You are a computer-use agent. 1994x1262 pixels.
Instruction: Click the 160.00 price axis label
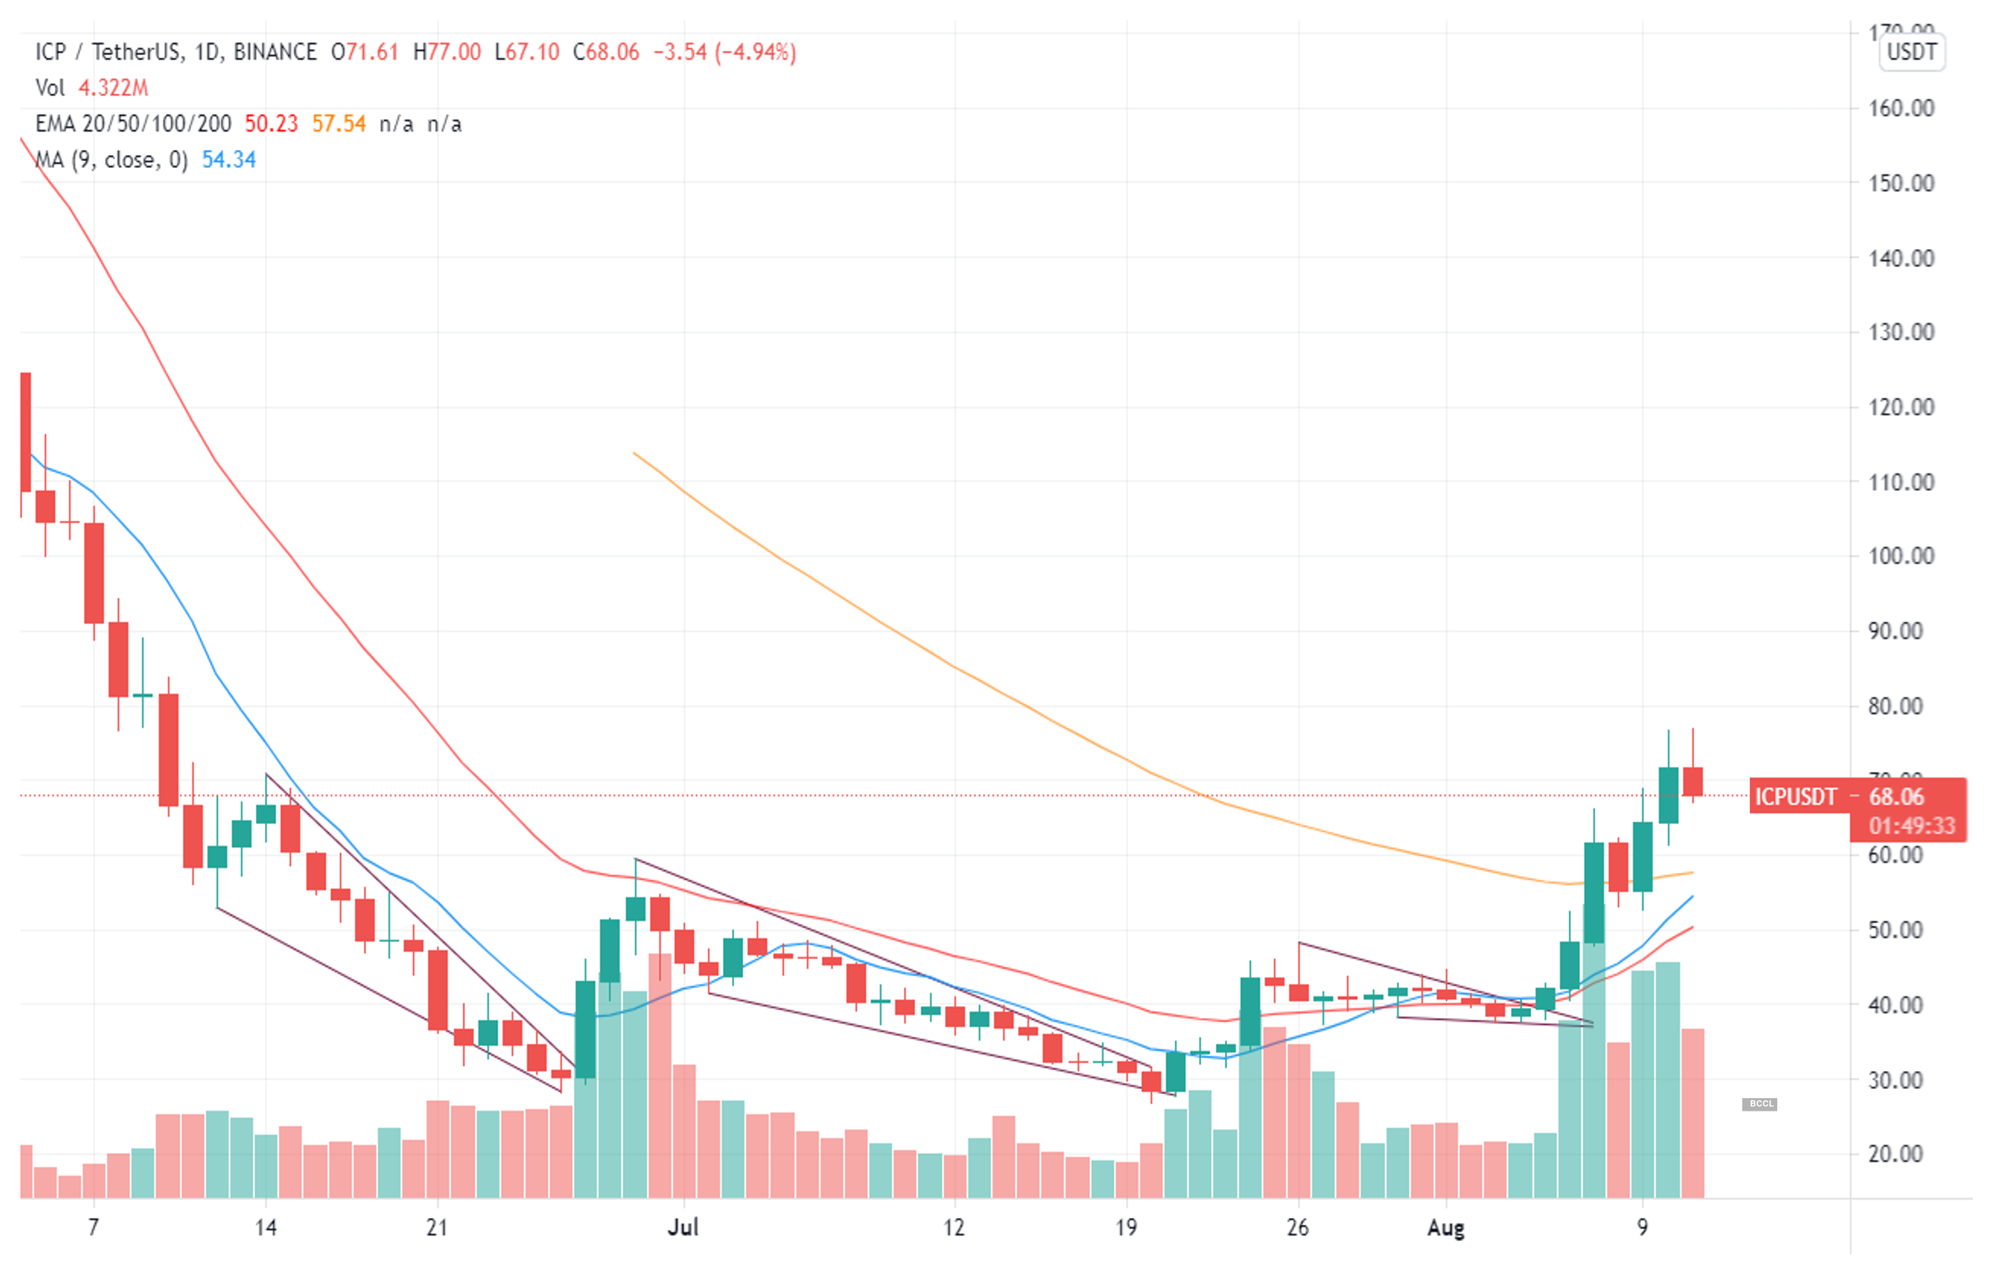click(x=1901, y=109)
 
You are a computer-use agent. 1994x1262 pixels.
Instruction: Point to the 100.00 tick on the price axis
click(x=1901, y=556)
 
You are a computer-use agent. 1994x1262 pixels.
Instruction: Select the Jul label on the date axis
click(x=683, y=1226)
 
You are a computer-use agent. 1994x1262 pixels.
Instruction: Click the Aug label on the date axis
click(x=1446, y=1227)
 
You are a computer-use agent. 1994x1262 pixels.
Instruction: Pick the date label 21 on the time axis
click(x=436, y=1227)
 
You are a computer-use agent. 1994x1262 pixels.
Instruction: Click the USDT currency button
click(x=1911, y=52)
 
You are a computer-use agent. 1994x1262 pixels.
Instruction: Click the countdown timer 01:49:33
click(x=1911, y=826)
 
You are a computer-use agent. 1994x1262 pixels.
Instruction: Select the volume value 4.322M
click(x=113, y=88)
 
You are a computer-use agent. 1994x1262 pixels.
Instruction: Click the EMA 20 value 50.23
click(x=271, y=124)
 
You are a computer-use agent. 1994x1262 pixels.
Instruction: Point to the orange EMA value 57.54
click(x=339, y=124)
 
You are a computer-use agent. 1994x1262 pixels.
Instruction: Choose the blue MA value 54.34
click(x=229, y=160)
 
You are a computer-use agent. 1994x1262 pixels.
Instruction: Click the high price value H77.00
click(x=446, y=52)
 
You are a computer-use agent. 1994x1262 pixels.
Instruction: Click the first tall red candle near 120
click(x=26, y=432)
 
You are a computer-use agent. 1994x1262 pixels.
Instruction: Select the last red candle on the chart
click(x=1693, y=781)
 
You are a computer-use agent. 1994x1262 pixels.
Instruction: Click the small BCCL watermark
click(x=1760, y=1104)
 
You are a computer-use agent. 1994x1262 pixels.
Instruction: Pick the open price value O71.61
click(x=365, y=52)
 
